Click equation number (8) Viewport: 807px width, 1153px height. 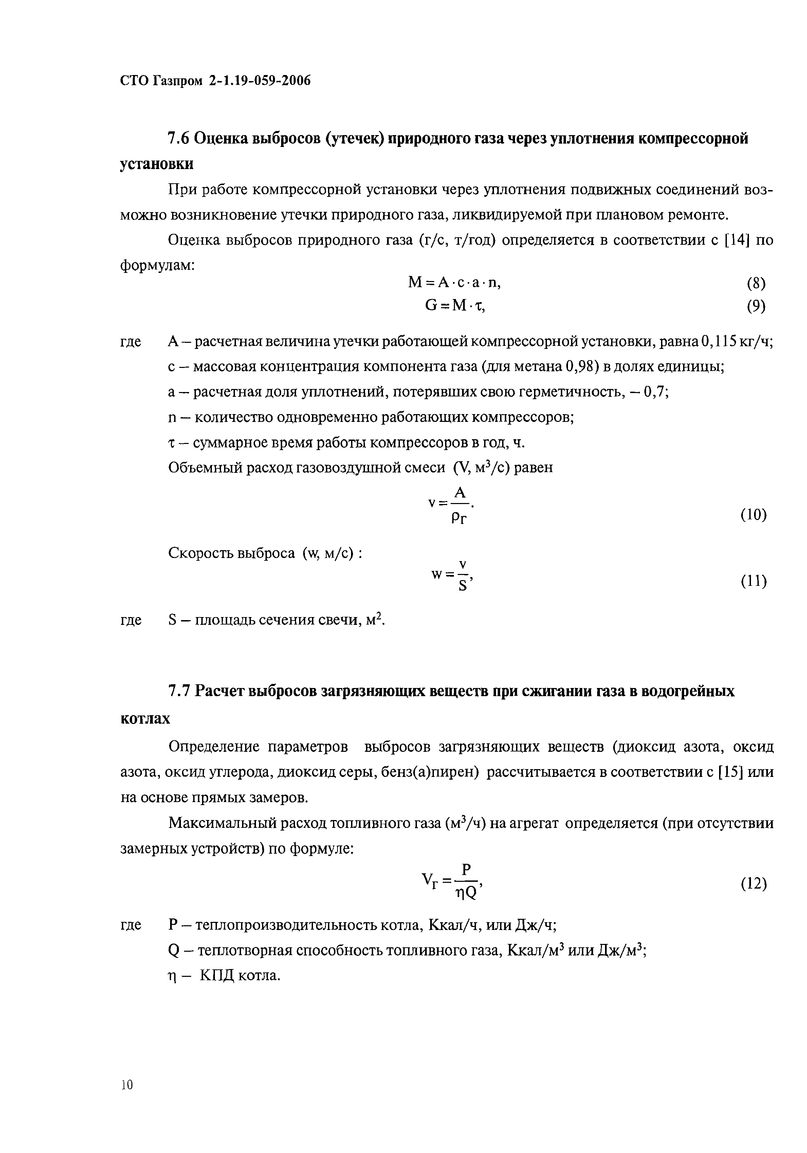(756, 284)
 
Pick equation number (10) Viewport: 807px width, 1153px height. (754, 515)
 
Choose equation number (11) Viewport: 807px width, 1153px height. (754, 581)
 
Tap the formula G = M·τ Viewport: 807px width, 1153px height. (455, 305)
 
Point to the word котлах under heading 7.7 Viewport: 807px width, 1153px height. (145, 719)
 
